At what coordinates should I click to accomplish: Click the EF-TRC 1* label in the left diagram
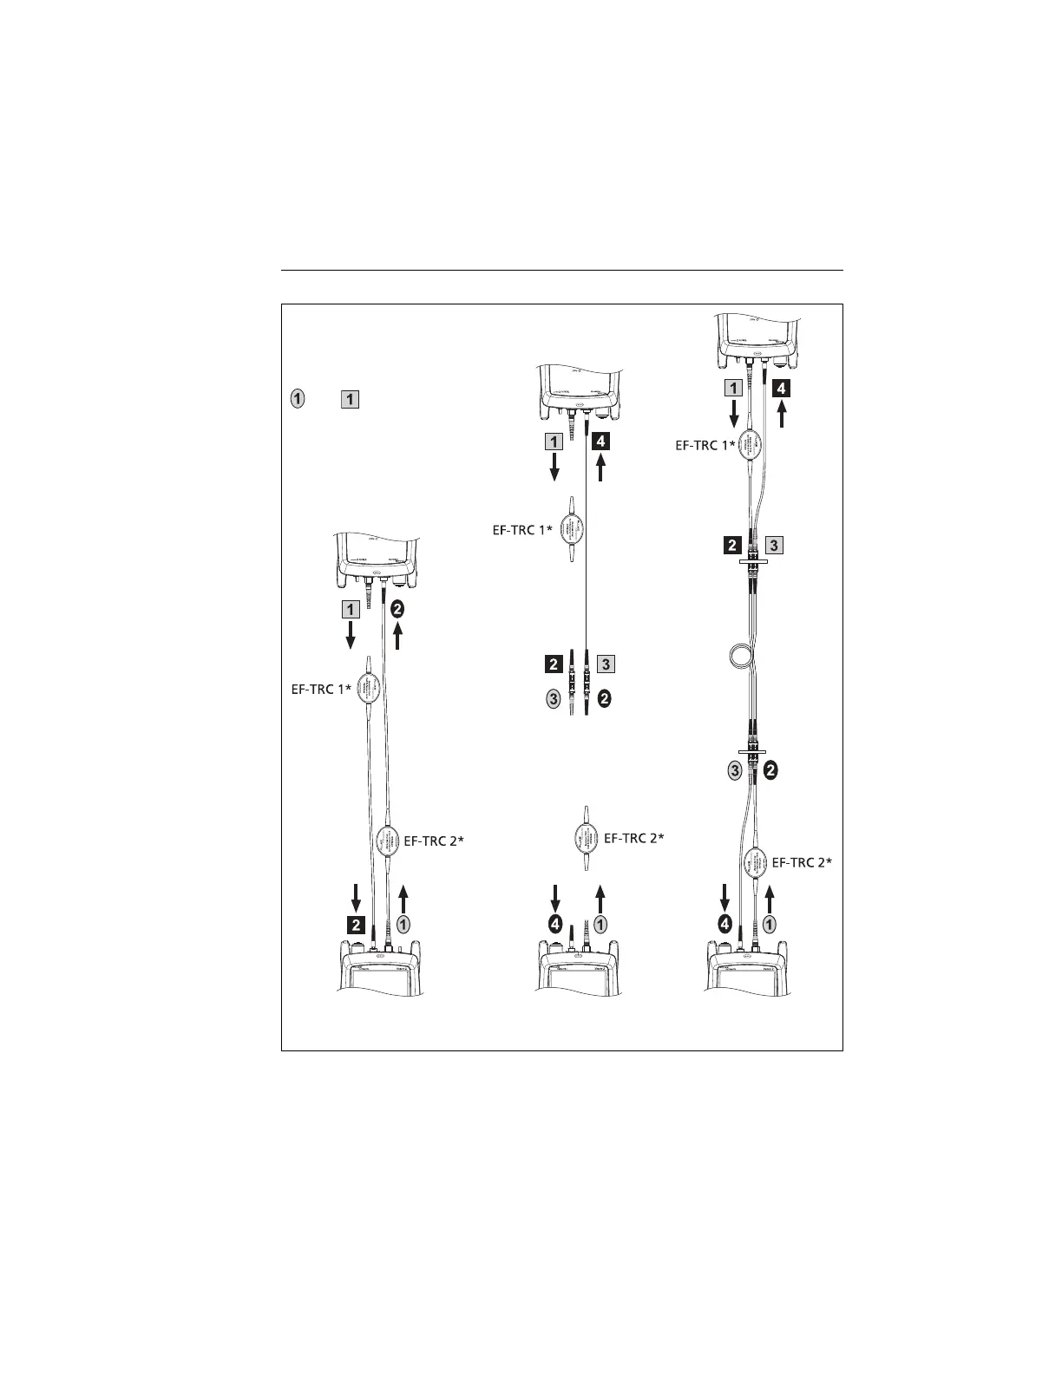[x=319, y=690]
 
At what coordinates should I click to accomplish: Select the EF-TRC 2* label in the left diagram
[x=434, y=841]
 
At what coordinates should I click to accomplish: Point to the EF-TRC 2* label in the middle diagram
[x=633, y=838]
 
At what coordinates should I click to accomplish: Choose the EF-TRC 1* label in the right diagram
[x=705, y=447]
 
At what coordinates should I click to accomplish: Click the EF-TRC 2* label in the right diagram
[x=802, y=862]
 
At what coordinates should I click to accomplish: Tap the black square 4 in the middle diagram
[x=601, y=442]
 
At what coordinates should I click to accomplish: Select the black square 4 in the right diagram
[x=782, y=389]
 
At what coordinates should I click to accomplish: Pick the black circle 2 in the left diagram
[x=397, y=609]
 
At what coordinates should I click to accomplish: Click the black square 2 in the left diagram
[x=356, y=924]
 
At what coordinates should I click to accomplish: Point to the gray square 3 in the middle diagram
[x=605, y=664]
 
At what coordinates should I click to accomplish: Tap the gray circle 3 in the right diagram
[x=735, y=769]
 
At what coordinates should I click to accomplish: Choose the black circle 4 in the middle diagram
[x=555, y=925]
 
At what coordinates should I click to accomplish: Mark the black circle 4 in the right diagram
[x=724, y=925]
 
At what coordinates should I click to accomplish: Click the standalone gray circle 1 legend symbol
[x=297, y=400]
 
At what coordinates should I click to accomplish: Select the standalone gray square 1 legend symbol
[x=350, y=400]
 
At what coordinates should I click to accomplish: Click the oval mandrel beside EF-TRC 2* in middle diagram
[x=585, y=838]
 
